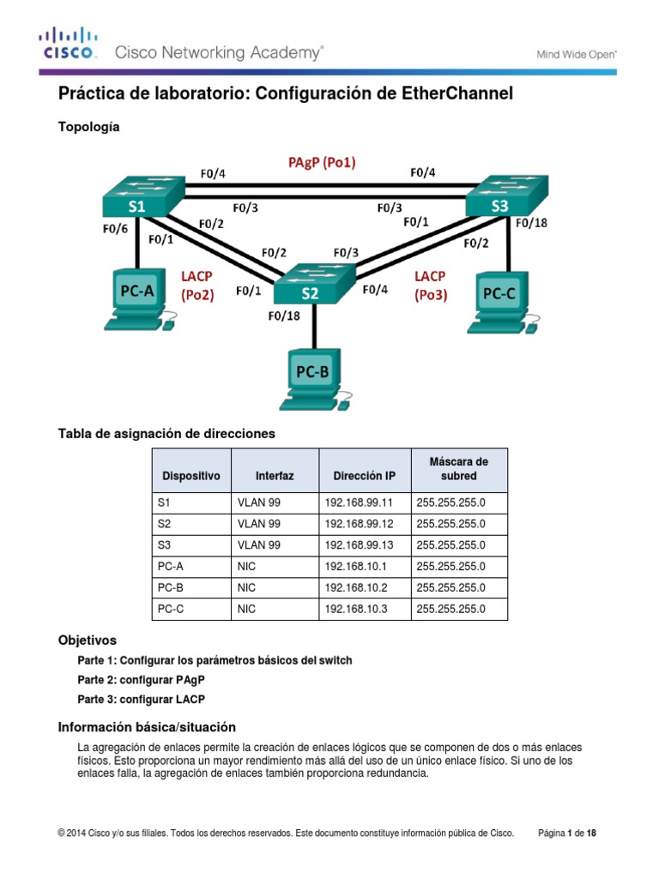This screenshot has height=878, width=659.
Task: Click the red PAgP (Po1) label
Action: point(322,161)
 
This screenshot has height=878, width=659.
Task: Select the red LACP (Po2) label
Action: point(196,285)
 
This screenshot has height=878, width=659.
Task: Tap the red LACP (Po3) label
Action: point(431,285)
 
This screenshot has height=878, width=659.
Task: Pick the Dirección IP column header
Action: point(365,475)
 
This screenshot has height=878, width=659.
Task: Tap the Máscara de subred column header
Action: point(458,469)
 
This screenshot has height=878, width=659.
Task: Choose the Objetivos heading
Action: point(87,640)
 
